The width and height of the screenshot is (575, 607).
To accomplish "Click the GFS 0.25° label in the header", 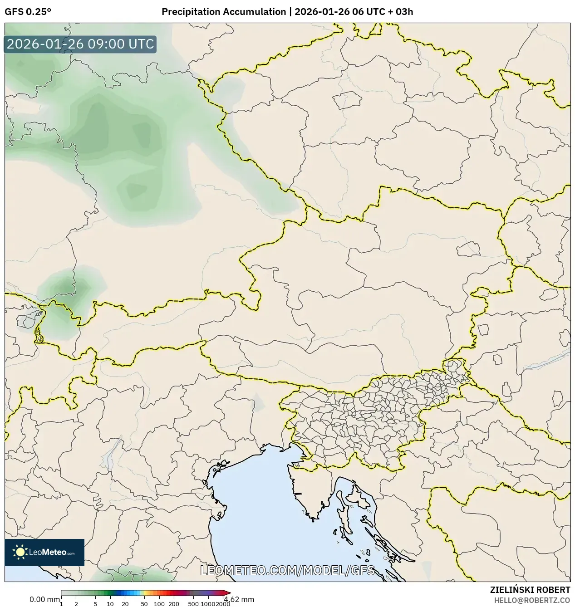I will [x=28, y=12].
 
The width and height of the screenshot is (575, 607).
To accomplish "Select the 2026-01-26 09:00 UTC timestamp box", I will [x=80, y=44].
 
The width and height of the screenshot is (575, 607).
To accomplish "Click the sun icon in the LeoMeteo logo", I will [x=20, y=552].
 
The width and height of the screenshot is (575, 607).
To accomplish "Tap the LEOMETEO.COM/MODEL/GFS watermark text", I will [x=287, y=570].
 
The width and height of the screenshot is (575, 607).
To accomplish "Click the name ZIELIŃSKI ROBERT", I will [x=530, y=590].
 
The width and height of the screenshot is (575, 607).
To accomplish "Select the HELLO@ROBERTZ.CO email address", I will [x=531, y=600].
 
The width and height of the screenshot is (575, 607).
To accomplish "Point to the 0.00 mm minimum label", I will [x=44, y=599].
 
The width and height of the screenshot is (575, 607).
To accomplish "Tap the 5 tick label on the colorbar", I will [x=95, y=604].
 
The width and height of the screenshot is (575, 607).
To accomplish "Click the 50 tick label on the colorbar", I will [x=144, y=604].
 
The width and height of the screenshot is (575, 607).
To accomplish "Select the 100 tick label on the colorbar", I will [x=159, y=604].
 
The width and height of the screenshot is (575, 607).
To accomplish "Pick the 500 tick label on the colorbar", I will [x=193, y=604].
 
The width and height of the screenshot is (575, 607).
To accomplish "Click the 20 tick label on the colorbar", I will [x=125, y=604].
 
